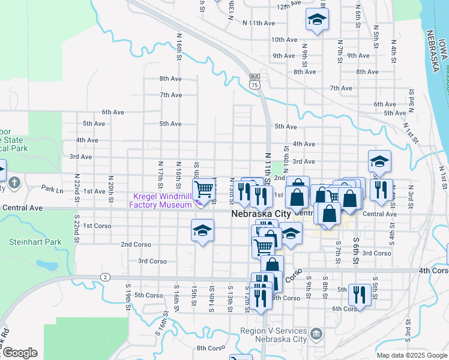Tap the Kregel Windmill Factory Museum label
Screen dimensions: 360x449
click(161, 200)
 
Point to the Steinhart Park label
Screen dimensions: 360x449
click(27, 242)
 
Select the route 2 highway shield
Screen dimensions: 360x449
click(105, 277)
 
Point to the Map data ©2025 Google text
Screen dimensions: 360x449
click(412, 355)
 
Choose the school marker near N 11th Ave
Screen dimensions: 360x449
click(316, 20)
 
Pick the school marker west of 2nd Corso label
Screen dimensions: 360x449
click(202, 231)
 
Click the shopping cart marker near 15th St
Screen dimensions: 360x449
click(204, 190)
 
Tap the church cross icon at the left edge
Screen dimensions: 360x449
click(14, 182)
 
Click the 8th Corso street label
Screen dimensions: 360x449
click(210, 348)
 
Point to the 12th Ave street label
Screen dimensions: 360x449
click(288, 5)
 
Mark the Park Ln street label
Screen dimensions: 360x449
click(52, 188)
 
